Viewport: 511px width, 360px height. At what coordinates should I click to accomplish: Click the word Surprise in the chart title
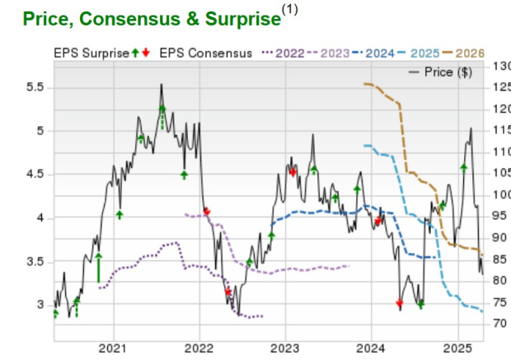[233, 18]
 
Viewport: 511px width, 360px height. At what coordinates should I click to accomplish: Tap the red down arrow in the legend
[146, 54]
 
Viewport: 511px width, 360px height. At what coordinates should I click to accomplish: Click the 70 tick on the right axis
[498, 323]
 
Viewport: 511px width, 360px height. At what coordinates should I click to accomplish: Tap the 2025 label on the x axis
[458, 349]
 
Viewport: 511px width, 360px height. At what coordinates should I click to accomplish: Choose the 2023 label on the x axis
[284, 349]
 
